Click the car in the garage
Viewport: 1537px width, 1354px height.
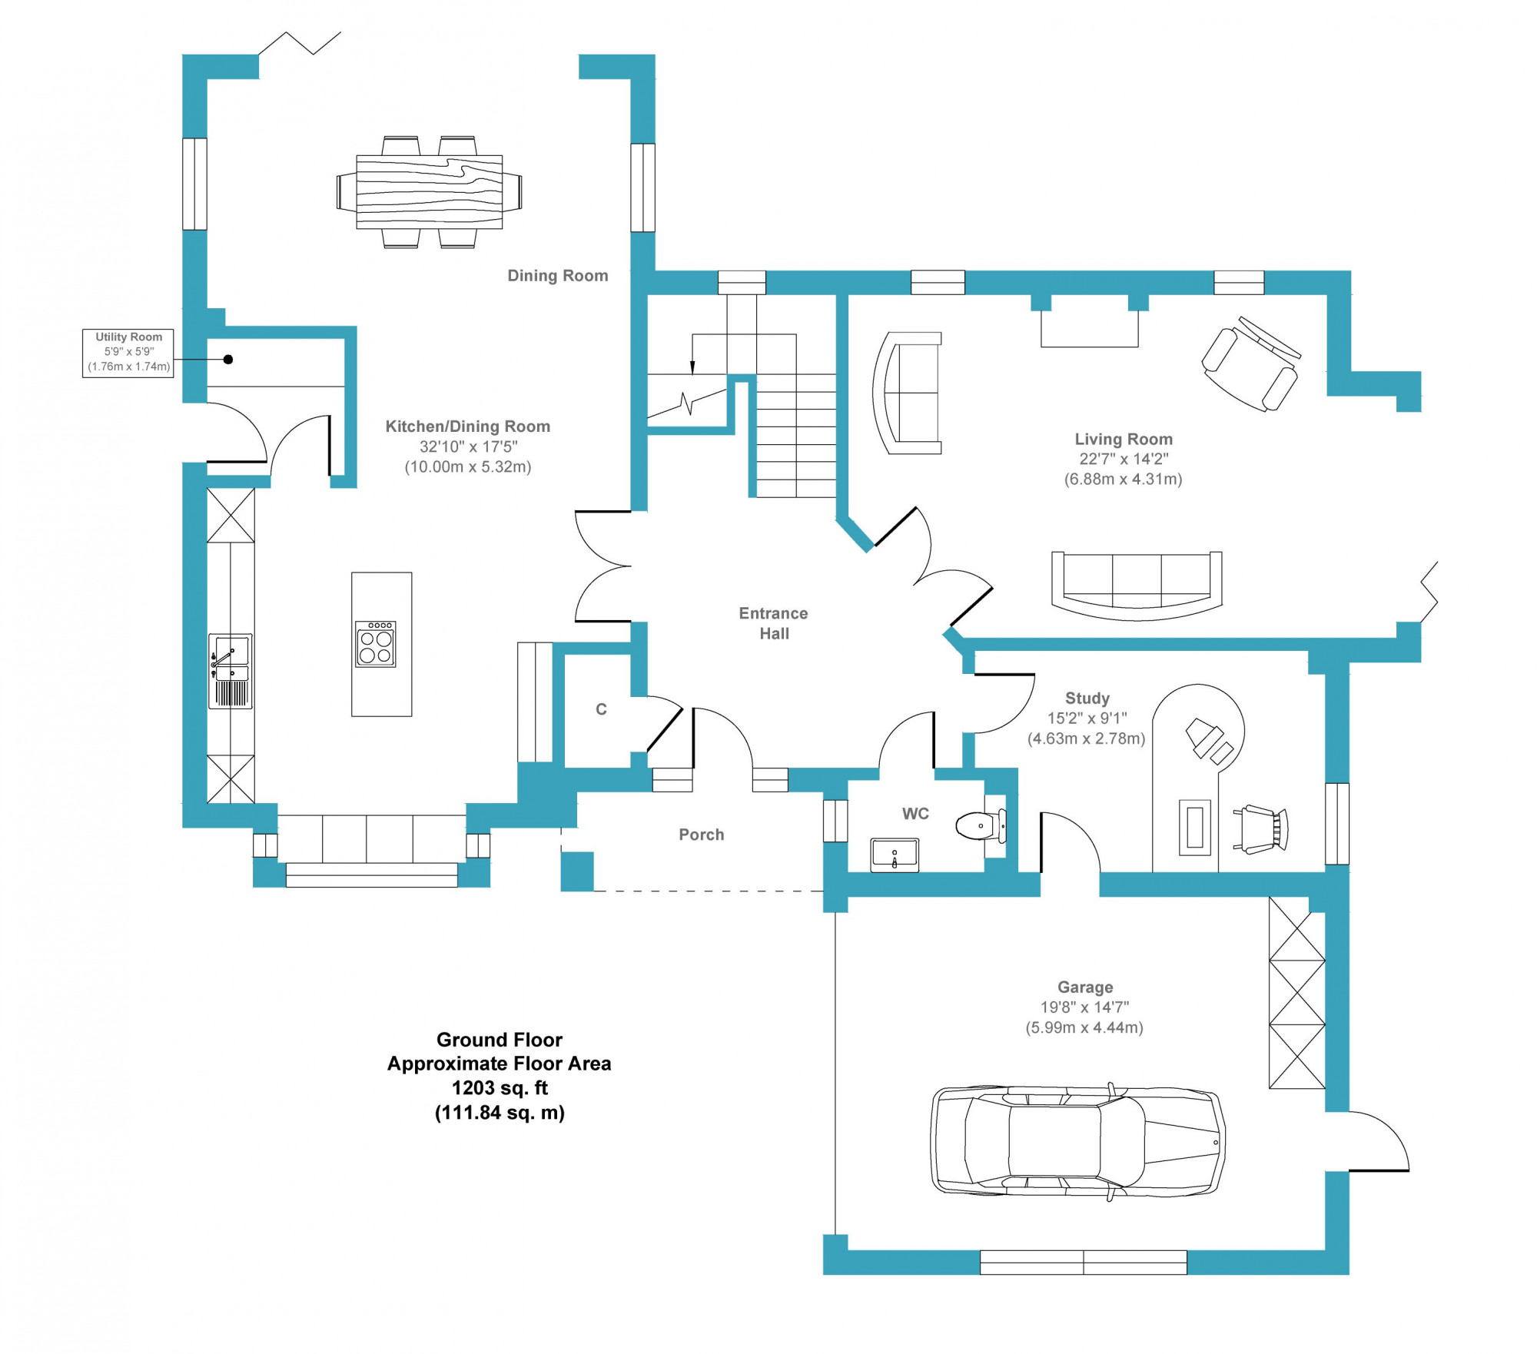[1077, 1140]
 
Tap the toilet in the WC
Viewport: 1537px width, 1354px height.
[981, 826]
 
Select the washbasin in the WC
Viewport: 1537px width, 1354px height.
[895, 855]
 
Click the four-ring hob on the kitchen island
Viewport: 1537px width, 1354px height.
[376, 644]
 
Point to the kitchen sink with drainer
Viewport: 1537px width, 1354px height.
[231, 671]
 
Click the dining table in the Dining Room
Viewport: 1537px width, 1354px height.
[430, 191]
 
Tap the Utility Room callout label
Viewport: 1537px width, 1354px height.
[128, 353]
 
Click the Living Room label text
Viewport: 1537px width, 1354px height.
[1124, 440]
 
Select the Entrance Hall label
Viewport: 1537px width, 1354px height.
[774, 623]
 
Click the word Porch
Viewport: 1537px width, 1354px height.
[702, 835]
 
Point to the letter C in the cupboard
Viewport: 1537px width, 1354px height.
[602, 709]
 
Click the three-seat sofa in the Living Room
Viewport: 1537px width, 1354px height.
[1137, 586]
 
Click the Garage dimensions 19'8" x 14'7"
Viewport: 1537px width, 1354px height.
[1084, 1007]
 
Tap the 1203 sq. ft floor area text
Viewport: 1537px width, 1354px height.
[500, 1088]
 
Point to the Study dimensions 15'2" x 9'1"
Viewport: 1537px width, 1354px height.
[1087, 718]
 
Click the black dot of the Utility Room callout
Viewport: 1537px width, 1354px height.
[228, 359]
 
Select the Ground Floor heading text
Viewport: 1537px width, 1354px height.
[500, 1040]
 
